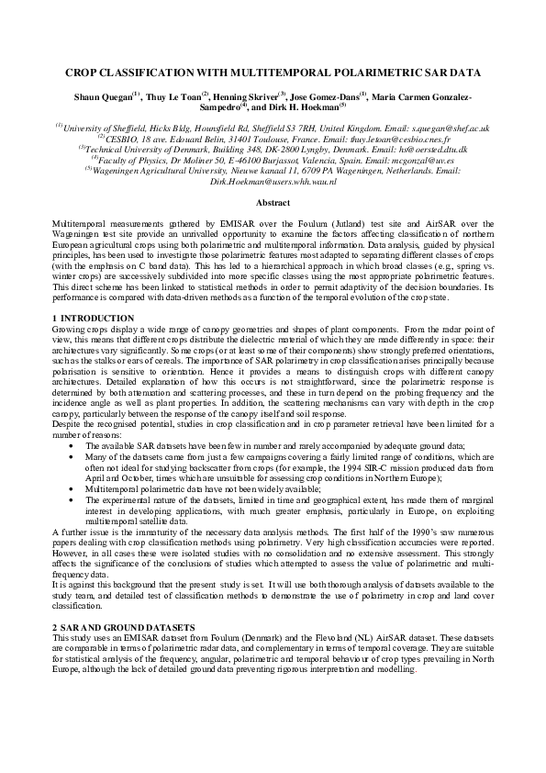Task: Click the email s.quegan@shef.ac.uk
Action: click(x=450, y=129)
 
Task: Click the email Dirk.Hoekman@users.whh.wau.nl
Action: click(x=273, y=181)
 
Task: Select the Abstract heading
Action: click(x=273, y=202)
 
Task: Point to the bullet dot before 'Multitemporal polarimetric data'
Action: click(x=70, y=490)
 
